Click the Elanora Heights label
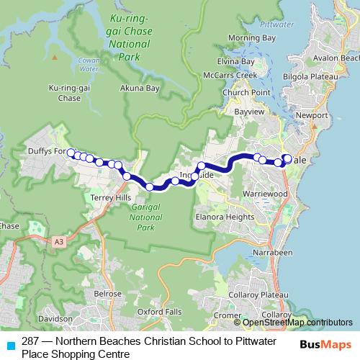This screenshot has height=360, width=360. pyautogui.click(x=225, y=215)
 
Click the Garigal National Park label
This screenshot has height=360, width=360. pyautogui.click(x=148, y=217)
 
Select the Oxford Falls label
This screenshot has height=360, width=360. pyautogui.click(x=158, y=312)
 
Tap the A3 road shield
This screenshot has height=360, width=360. pyautogui.click(x=58, y=243)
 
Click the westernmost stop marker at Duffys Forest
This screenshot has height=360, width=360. pyautogui.click(x=71, y=152)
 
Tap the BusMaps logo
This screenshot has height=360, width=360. pyautogui.click(x=325, y=344)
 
